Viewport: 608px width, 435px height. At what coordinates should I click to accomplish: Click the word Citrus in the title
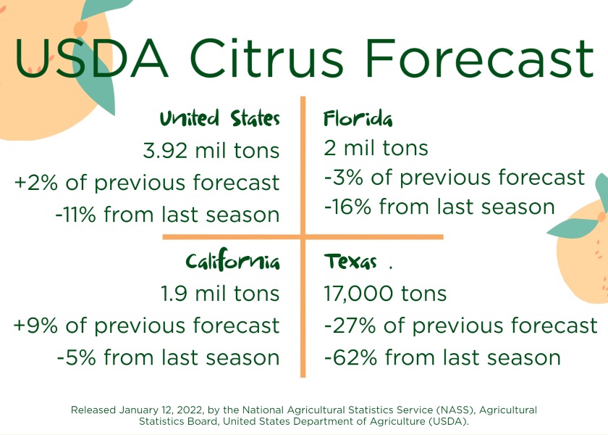(267, 58)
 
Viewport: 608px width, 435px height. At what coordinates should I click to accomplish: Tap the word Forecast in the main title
(480, 58)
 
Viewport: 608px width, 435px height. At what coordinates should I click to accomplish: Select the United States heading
(220, 118)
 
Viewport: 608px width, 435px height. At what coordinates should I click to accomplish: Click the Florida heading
(358, 118)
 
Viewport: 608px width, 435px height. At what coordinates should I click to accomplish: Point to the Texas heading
(350, 261)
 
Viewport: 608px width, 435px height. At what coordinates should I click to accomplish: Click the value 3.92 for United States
(165, 151)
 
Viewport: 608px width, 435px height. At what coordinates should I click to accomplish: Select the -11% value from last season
(75, 215)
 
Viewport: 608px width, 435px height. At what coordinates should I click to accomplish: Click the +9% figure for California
(35, 326)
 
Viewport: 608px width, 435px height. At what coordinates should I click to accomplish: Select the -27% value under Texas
(350, 326)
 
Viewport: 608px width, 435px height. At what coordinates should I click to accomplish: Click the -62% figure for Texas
(350, 357)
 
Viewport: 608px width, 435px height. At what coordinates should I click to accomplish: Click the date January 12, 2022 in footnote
(161, 410)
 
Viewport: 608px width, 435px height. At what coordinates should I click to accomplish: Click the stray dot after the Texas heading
(390, 268)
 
